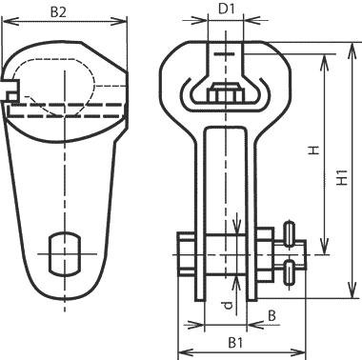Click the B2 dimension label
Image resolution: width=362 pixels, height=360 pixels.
click(58, 12)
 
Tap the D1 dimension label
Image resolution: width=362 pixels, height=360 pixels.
click(227, 10)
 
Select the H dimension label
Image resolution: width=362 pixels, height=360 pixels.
click(314, 150)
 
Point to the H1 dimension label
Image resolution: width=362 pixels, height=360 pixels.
click(342, 177)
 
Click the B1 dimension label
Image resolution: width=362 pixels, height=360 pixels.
click(235, 343)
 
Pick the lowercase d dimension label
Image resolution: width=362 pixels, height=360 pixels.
click(228, 305)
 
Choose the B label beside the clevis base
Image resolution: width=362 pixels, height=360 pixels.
click(271, 316)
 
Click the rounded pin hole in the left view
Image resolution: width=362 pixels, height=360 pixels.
click(64, 253)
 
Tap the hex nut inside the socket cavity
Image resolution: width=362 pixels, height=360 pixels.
click(226, 92)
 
